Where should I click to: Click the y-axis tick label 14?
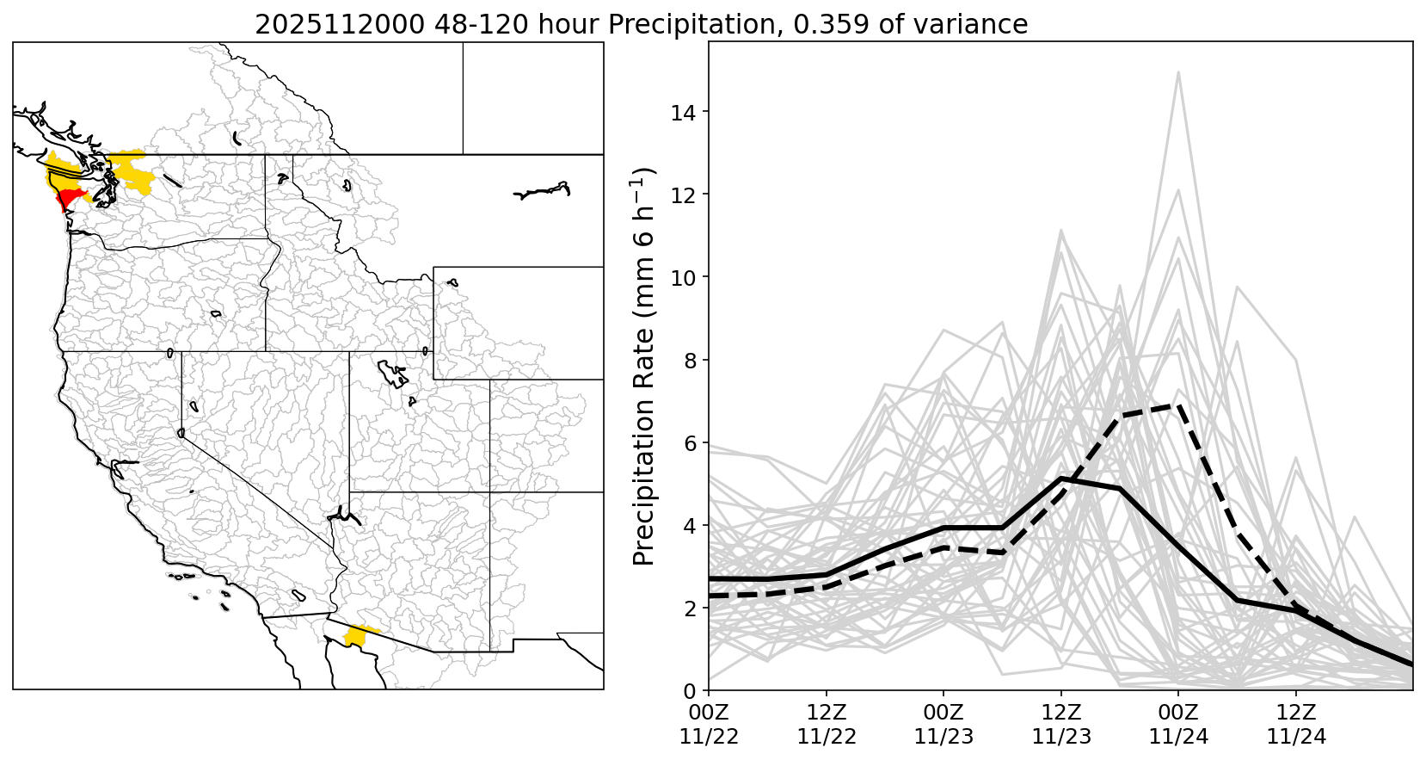[685, 112]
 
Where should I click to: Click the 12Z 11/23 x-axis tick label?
[1060, 725]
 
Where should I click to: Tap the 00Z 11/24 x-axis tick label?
[1178, 725]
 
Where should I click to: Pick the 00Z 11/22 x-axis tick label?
[709, 725]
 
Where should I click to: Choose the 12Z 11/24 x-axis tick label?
[1296, 725]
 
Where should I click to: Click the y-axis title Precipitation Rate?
[644, 366]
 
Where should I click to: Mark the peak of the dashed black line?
[1177, 405]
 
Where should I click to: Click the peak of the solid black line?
[1061, 478]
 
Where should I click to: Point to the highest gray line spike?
[1178, 72]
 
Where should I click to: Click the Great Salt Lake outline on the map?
[393, 374]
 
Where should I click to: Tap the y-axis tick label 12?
[685, 195]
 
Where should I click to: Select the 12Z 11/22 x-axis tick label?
[826, 725]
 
